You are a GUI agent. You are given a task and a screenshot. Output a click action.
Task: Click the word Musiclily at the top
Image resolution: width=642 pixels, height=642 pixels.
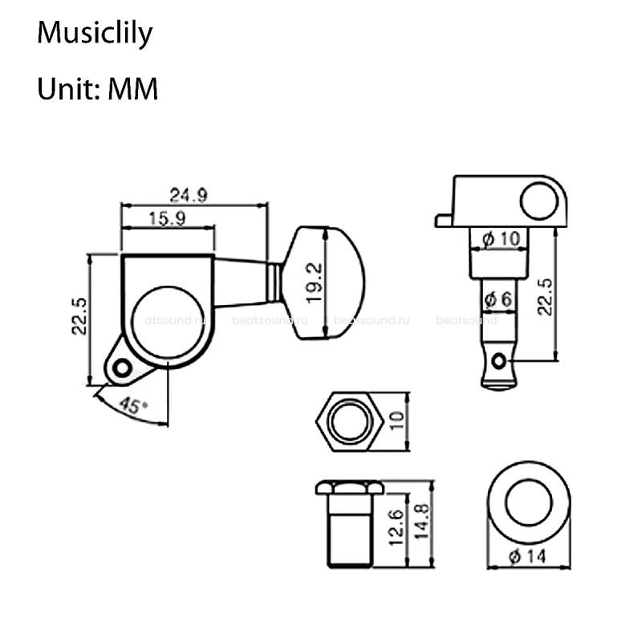[x=95, y=35]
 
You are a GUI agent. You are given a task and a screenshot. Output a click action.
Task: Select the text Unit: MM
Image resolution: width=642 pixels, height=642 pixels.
[x=97, y=88]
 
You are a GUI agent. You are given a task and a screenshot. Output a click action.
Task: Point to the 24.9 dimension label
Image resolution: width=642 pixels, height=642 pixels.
[x=189, y=194]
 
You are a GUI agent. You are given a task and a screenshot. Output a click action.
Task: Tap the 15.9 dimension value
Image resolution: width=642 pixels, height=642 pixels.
[x=166, y=217]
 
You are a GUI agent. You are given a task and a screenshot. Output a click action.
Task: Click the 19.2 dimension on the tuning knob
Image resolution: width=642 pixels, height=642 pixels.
[x=314, y=282]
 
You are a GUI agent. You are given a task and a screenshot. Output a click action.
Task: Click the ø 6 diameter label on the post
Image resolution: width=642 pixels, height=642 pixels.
[x=498, y=299]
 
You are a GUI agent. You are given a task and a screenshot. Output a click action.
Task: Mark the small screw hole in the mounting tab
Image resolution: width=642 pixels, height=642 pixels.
[x=122, y=368]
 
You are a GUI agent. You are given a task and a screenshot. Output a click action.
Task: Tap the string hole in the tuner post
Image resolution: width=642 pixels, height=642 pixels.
[x=503, y=363]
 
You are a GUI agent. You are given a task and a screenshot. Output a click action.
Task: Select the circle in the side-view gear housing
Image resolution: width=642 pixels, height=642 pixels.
[x=538, y=201]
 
